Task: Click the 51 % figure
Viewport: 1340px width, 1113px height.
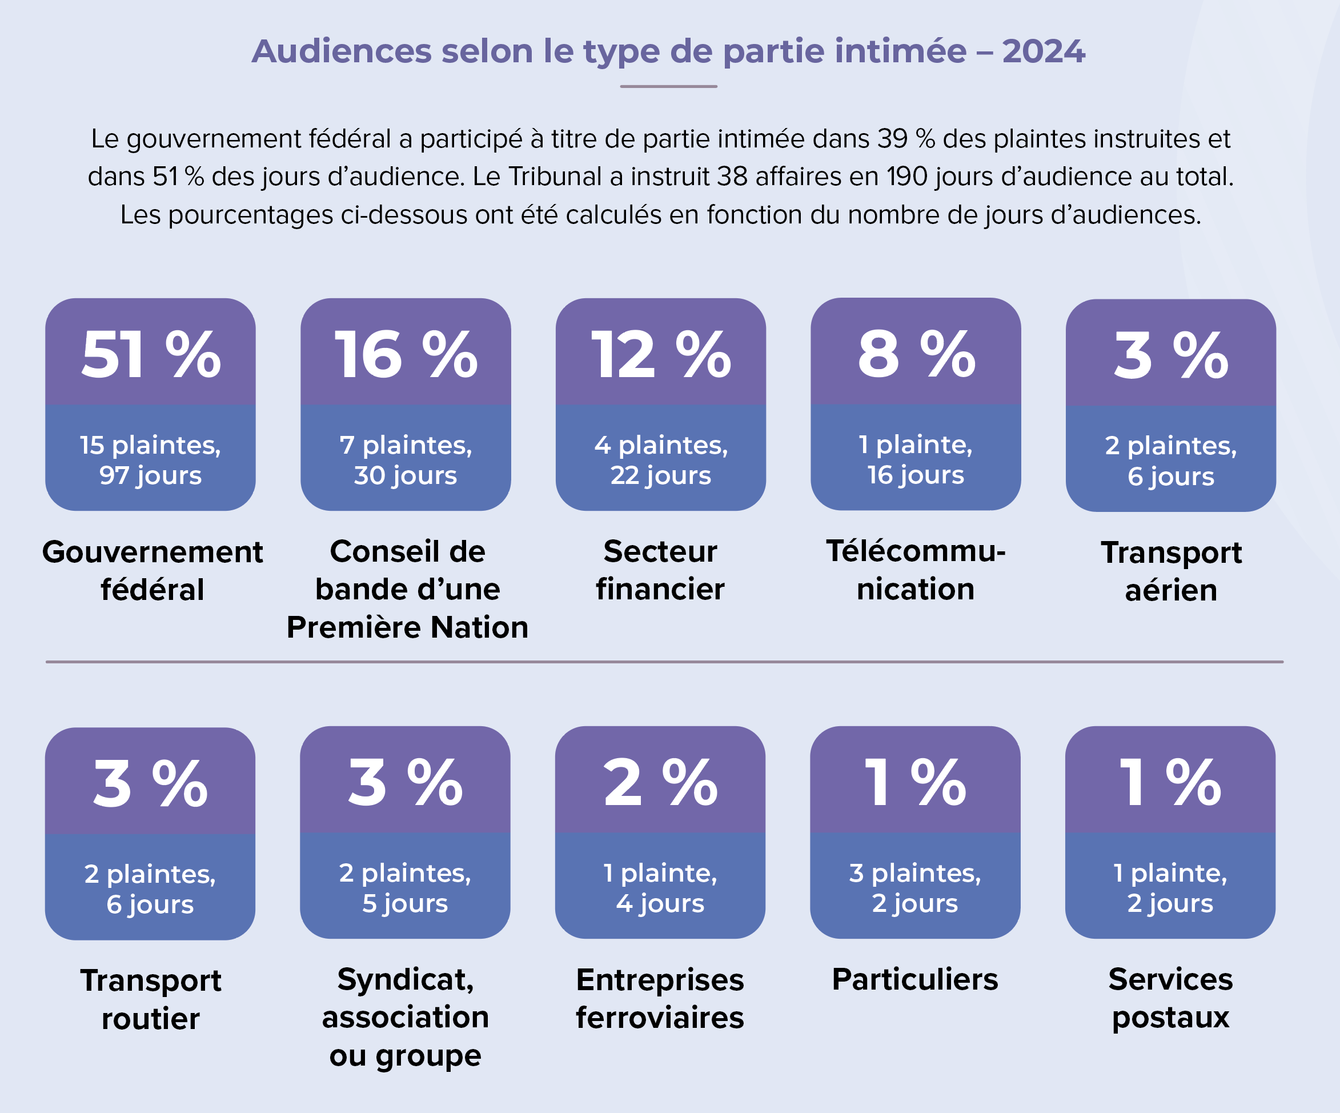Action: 151,355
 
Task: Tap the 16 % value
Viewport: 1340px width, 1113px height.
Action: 406,355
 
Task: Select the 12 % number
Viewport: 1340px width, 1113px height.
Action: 661,355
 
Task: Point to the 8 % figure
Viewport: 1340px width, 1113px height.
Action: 916,355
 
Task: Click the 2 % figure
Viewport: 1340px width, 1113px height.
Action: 660,783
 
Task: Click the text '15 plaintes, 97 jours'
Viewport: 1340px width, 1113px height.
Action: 151,460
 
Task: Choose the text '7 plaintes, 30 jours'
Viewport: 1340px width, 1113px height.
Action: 406,460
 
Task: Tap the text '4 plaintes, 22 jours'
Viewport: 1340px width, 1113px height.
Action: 661,460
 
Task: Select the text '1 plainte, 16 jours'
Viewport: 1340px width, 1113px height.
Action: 916,459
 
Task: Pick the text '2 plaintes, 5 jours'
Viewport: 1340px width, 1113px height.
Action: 405,888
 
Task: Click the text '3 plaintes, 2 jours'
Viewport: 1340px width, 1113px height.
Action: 915,888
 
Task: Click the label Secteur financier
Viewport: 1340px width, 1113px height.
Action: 660,570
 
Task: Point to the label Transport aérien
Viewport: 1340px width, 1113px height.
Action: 1171,571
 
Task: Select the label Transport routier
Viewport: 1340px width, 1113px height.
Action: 151,999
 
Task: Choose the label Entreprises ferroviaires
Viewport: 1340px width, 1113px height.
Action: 660,998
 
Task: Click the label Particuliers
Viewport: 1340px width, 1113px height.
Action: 915,980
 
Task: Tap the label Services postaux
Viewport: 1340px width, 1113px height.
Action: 1170,998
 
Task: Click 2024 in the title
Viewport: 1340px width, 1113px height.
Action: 1044,51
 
